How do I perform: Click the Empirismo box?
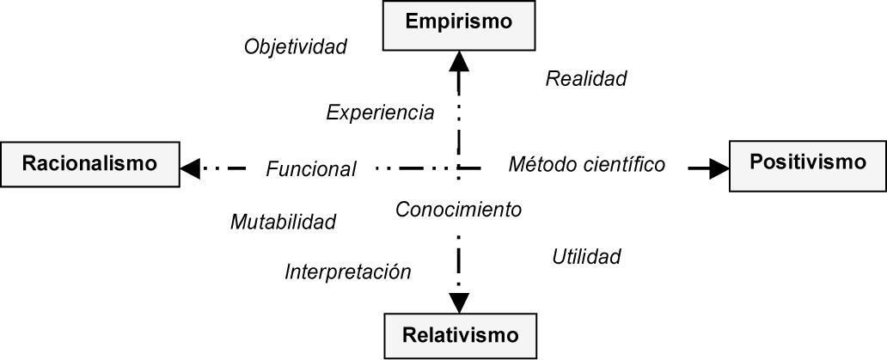click(459, 23)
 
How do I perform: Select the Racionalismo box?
click(90, 163)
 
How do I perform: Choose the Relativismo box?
click(461, 334)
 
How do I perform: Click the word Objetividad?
click(296, 46)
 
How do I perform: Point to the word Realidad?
click(586, 79)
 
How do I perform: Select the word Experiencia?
click(380, 113)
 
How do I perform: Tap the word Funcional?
click(310, 169)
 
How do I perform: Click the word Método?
click(540, 164)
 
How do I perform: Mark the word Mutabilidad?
click(283, 222)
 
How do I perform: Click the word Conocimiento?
click(458, 209)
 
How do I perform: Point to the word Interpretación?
click(348, 272)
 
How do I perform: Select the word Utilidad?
click(586, 256)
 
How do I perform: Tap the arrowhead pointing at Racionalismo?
click(191, 168)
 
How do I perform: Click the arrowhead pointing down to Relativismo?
click(460, 302)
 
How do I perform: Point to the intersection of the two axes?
click(459, 168)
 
